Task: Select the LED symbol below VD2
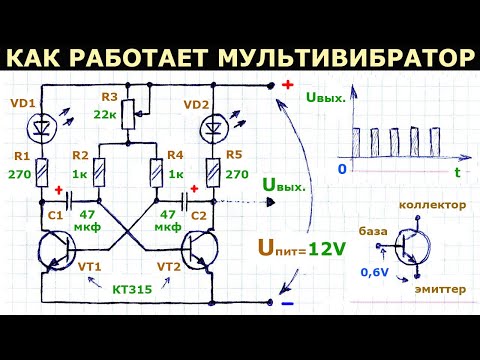point(210,128)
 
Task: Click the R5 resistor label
point(236,157)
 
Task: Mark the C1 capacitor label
point(55,215)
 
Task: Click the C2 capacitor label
point(201,215)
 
